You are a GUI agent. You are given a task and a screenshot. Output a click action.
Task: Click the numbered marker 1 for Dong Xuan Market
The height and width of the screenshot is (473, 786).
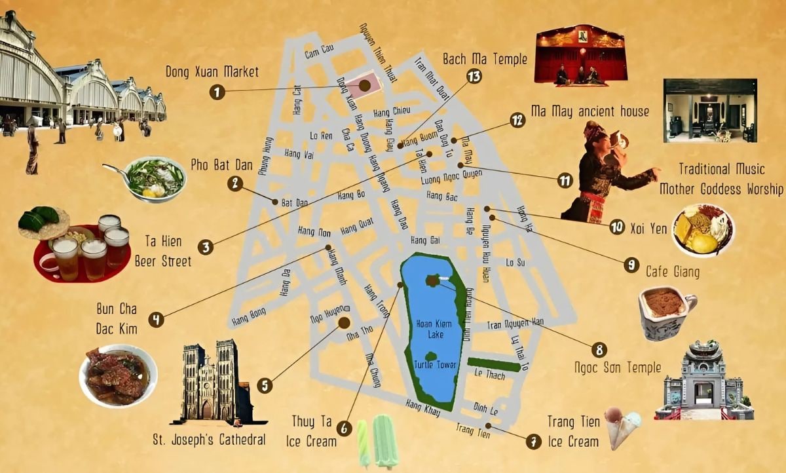click(217, 92)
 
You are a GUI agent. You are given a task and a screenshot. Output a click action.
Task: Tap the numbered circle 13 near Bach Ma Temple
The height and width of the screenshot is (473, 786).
click(474, 77)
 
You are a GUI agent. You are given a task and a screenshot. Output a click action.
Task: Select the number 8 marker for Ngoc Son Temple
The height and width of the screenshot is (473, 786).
click(599, 350)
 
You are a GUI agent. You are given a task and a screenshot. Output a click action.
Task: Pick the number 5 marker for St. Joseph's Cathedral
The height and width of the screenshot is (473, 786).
click(264, 385)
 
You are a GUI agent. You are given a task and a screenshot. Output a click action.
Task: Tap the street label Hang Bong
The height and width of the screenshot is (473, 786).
click(249, 316)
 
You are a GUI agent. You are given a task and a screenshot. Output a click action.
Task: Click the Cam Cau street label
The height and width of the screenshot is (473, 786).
click(320, 50)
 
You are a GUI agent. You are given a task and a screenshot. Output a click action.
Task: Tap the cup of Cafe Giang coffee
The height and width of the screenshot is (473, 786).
click(665, 312)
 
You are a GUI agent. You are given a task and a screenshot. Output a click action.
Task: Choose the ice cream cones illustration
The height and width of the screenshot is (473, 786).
click(620, 426)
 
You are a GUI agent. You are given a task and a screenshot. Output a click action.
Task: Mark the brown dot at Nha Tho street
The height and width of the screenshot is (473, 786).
click(344, 322)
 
